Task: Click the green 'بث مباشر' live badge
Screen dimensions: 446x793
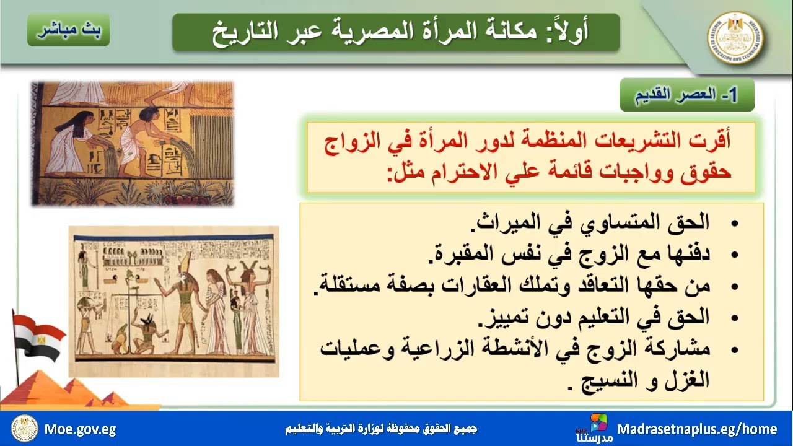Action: point(68,31)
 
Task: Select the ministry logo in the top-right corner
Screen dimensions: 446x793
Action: point(735,37)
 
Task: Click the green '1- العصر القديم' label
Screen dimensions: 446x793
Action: point(687,95)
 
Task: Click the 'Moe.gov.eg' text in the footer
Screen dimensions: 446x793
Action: point(80,429)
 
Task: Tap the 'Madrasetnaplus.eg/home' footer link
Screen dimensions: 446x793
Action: point(697,429)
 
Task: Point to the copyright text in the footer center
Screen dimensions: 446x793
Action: point(381,429)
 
